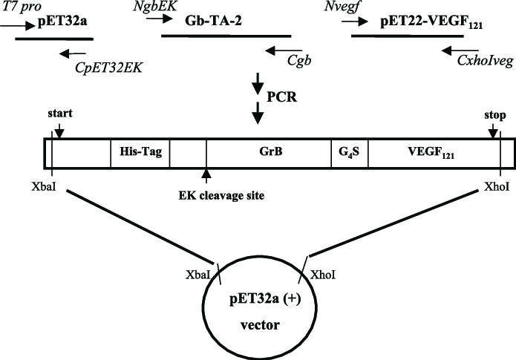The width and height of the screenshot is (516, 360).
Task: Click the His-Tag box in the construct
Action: click(x=140, y=153)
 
